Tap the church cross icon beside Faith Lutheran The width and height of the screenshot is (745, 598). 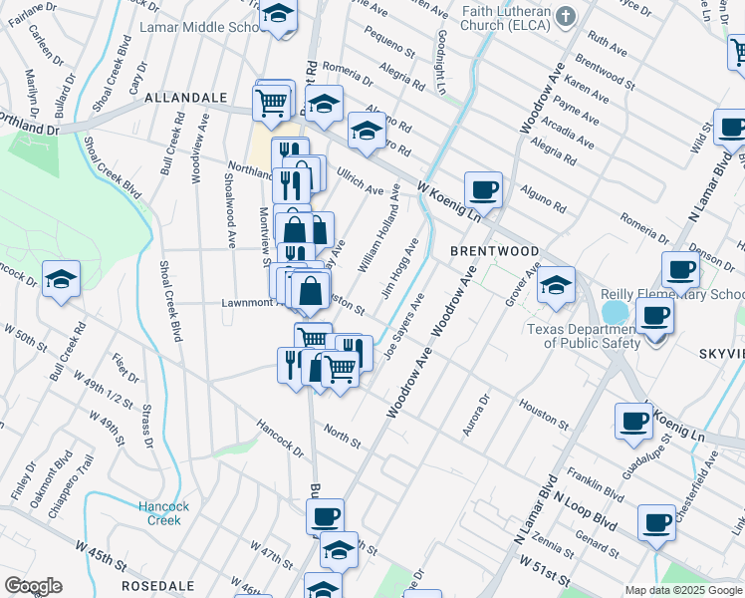(x=566, y=16)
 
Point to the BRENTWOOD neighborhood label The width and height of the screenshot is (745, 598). (x=494, y=251)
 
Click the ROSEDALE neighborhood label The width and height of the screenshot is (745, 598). (x=157, y=586)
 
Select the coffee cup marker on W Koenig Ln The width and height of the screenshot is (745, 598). (x=483, y=188)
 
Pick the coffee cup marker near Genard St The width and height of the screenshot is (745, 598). (x=655, y=522)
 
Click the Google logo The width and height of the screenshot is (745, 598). (x=33, y=586)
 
